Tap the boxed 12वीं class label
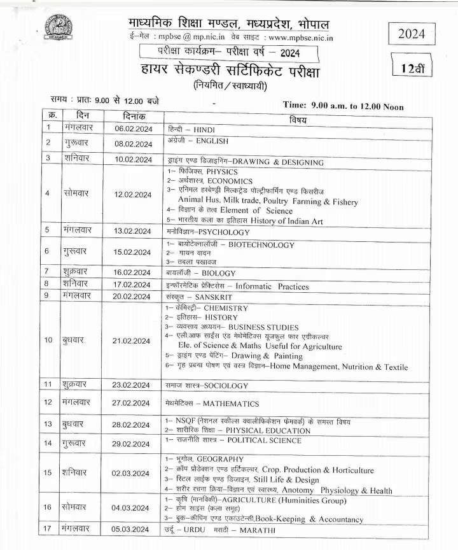point(419,68)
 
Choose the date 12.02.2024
point(133,194)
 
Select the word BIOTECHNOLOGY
point(261,244)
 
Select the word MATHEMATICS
point(231,404)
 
